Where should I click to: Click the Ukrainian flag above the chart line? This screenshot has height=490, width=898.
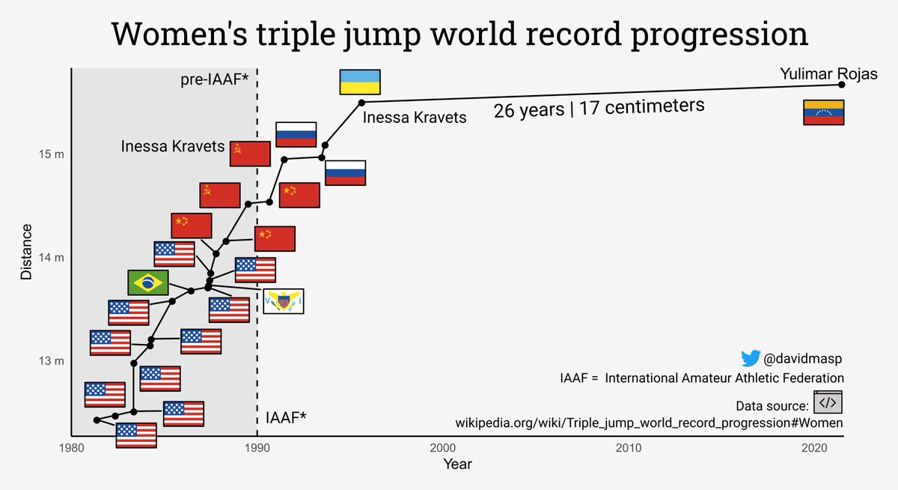[x=361, y=82]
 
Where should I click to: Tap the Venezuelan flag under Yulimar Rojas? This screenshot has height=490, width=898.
[x=823, y=112]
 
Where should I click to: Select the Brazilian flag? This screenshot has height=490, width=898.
[x=147, y=282]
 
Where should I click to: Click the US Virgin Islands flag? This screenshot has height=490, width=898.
[x=283, y=301]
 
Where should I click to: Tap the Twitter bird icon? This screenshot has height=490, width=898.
[x=750, y=358]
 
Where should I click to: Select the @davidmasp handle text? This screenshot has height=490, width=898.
[x=804, y=359]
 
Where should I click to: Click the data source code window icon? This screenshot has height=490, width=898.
[x=828, y=403]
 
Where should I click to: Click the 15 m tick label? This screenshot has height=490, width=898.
[x=51, y=155]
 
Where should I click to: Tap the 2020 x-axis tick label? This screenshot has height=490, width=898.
[x=813, y=448]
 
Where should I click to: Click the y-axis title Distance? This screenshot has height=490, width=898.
[x=26, y=252]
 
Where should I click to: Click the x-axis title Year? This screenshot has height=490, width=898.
[x=456, y=465]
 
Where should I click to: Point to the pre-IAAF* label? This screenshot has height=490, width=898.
[x=214, y=79]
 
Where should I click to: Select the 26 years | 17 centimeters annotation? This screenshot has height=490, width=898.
[x=599, y=109]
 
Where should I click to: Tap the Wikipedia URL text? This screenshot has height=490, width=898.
[x=649, y=423]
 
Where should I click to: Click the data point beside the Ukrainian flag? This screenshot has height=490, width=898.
[x=361, y=102]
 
